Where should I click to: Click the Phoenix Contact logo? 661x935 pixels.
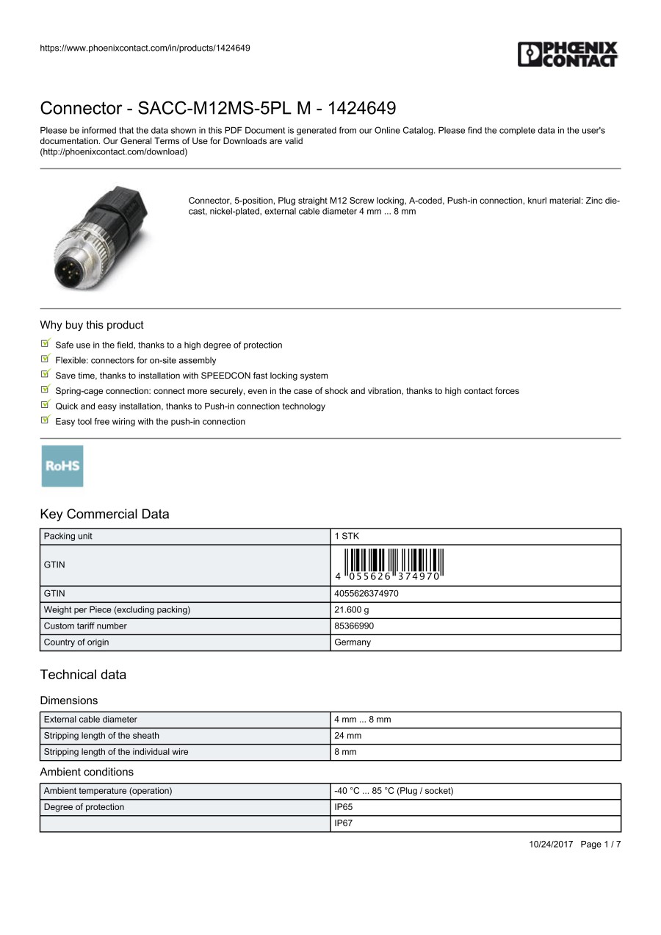coord(568,54)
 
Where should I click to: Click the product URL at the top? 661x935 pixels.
coord(145,48)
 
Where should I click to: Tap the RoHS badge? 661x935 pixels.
coord(62,466)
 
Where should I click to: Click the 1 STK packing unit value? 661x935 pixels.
coord(347,536)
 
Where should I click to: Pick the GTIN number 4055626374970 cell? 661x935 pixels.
coord(366,593)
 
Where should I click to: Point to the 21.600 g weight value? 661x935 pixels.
coord(352,609)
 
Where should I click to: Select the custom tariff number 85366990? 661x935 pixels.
coord(354,626)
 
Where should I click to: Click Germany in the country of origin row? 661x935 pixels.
coord(353,642)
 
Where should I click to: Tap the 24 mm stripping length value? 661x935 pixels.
coord(347,735)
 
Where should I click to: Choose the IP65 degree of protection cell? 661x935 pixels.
coord(343,807)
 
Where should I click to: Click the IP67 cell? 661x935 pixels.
coord(343,823)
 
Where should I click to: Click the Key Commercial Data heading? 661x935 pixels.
coord(104,514)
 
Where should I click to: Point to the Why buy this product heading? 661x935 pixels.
coord(92,325)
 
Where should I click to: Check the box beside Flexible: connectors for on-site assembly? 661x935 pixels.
coord(46,359)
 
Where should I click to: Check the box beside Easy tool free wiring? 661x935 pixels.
coord(46,420)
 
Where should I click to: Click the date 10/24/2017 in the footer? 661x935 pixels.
coord(551,844)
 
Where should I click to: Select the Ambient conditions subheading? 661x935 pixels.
coord(87,772)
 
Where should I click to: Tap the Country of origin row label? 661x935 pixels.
coord(76,642)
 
